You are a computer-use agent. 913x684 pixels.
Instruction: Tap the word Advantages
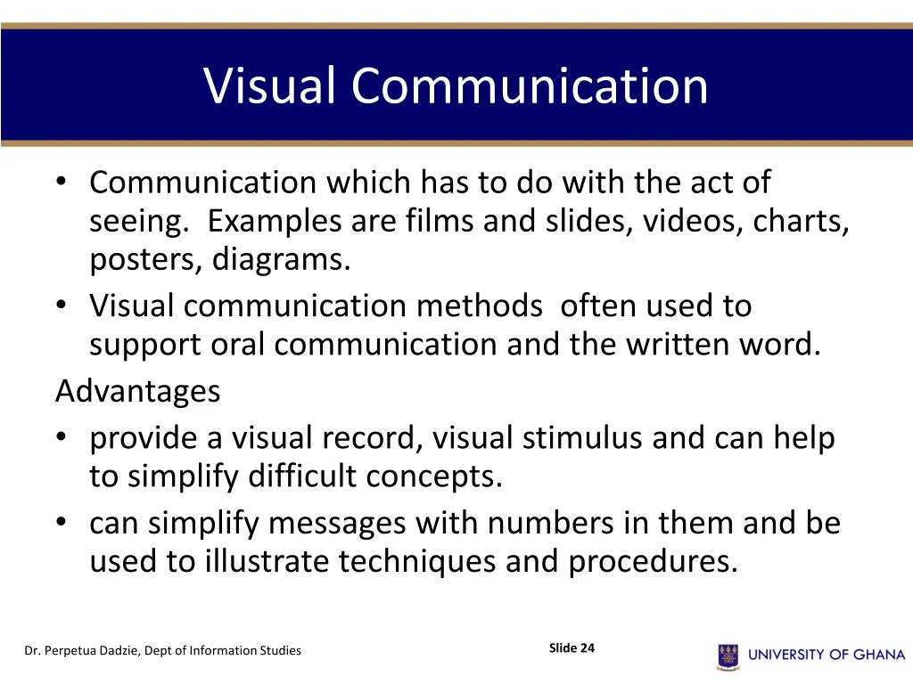click(137, 391)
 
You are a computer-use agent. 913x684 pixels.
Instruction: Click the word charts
click(801, 221)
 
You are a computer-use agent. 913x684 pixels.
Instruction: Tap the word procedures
click(653, 563)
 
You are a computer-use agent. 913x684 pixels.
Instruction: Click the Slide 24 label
click(572, 648)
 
